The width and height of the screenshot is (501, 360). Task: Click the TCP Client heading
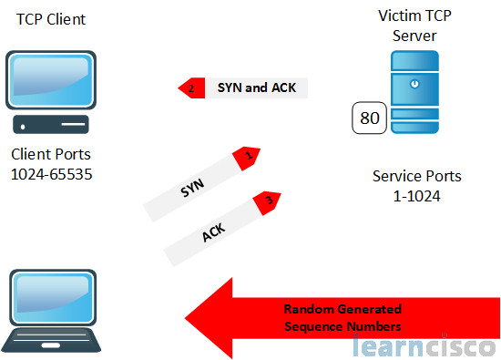[44, 18]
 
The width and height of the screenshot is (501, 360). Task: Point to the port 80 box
[370, 118]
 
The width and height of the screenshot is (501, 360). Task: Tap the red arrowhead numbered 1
[247, 156]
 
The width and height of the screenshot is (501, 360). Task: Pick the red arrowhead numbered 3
[267, 198]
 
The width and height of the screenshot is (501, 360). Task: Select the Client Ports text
[53, 154]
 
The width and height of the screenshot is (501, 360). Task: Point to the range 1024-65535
[53, 173]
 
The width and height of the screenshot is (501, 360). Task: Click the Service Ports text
[417, 175]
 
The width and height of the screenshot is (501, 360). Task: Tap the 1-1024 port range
[417, 194]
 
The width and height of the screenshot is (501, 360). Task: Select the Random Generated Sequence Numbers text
[342, 316]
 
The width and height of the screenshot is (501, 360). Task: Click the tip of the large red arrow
[189, 317]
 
